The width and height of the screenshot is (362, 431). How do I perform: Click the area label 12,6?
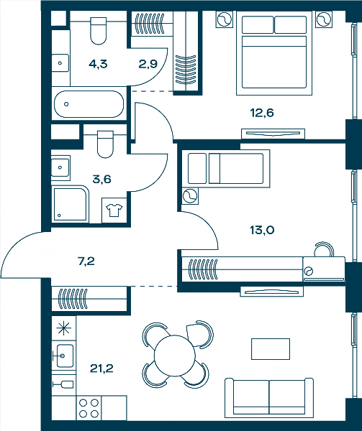point(262,113)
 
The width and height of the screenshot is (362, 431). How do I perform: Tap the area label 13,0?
point(262,230)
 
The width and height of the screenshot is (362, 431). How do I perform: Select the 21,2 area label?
point(101,369)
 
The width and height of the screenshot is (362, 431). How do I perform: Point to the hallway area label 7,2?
point(86,261)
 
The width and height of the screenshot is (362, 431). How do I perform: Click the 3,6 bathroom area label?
point(101,179)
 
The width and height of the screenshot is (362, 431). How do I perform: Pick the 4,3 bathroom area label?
point(98,64)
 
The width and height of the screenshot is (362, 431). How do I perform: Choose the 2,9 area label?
point(148,64)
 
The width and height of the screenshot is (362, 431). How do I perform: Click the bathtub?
point(89,104)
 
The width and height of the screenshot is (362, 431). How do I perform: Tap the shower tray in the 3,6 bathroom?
point(71,204)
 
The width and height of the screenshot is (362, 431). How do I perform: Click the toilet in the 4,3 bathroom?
point(99,31)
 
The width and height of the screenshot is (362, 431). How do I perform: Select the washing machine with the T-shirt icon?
point(114,210)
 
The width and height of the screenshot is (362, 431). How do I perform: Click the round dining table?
point(175,356)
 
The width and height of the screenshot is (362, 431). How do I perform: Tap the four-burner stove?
point(89,408)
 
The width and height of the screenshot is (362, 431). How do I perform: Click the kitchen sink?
point(63,356)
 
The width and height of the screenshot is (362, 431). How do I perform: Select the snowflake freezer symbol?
point(63,328)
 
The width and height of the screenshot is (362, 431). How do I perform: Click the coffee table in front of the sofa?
point(271,349)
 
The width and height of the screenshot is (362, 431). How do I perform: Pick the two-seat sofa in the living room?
point(269,397)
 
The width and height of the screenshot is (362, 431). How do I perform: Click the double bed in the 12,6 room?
point(274,53)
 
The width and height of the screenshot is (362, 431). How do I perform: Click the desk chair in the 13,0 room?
point(324,249)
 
